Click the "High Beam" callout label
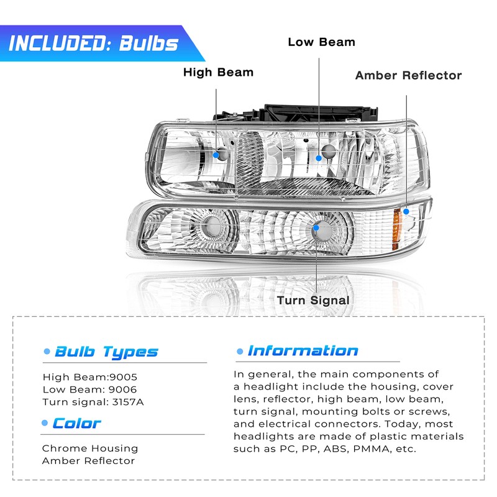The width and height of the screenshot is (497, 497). tap(218, 72)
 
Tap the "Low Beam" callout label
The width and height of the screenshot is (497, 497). tap(321, 42)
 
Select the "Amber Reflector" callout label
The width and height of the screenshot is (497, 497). tap(408, 75)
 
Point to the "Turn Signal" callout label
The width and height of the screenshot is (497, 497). tap(313, 300)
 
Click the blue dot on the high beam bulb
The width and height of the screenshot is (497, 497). tap(216, 154)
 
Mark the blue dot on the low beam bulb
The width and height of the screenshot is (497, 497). tap(319, 158)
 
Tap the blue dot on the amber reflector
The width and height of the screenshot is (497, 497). tap(406, 211)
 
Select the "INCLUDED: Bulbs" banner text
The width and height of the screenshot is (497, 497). tap(93, 43)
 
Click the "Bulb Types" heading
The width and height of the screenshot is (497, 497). tap(106, 352)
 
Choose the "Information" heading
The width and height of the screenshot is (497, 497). tap(303, 350)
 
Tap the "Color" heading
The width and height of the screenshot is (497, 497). tap(76, 424)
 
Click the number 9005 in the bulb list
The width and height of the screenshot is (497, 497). tap(123, 376)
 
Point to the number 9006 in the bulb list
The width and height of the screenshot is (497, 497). tap(124, 389)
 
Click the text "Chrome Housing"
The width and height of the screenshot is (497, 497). tap(90, 448)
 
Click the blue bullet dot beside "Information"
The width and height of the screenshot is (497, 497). tap(239, 352)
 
